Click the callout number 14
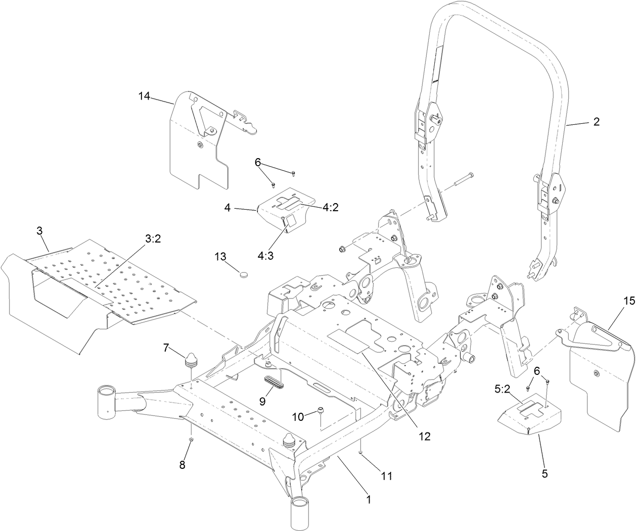coord(144,96)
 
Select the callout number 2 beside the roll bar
coord(596,122)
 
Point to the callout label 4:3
coord(266,256)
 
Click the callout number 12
coord(424,437)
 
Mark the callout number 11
coord(386,475)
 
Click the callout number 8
coord(183,465)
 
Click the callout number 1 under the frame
coord(369,500)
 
